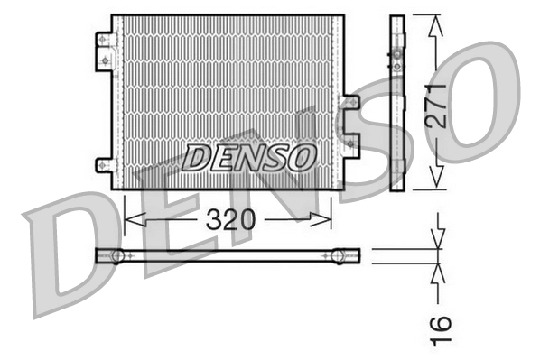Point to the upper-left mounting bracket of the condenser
[105, 50]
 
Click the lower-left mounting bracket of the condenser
[105, 164]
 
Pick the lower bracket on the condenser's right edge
[350, 144]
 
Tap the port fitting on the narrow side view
[397, 58]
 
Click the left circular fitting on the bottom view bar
[117, 256]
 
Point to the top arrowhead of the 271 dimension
[437, 23]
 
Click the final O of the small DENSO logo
[301, 158]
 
